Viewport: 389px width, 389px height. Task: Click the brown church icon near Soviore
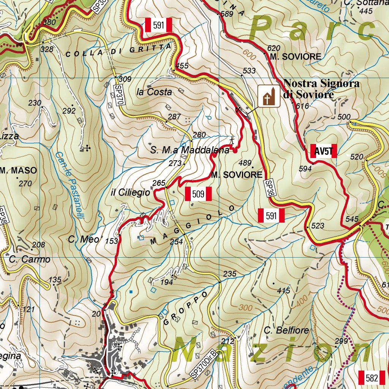(269, 96)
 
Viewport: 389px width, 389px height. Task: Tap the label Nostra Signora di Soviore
(321, 89)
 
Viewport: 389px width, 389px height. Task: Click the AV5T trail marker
(323, 152)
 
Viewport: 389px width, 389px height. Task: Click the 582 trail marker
(372, 378)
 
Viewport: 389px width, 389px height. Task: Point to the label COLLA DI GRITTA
(119, 51)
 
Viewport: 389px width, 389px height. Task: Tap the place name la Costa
(154, 92)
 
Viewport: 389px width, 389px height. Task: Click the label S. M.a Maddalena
(190, 150)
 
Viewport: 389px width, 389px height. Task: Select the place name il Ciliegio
(130, 193)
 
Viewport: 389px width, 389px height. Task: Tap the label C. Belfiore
(287, 330)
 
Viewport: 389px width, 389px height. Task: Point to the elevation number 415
(283, 291)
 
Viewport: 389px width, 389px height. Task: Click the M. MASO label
(19, 171)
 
